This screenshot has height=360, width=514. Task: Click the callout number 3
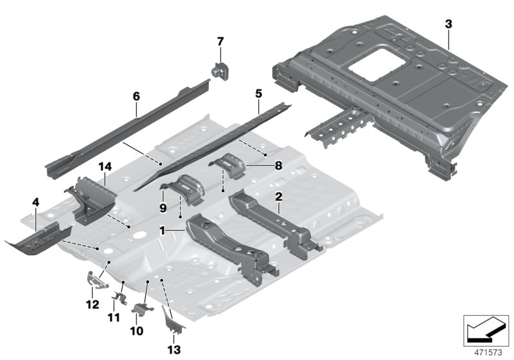pos(448,24)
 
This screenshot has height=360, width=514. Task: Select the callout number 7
pos(220,41)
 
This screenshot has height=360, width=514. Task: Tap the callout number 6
pos(136,95)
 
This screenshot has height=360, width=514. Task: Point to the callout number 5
pos(258,93)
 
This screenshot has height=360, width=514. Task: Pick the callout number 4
pos(36,202)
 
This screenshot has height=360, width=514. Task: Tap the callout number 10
pos(136,331)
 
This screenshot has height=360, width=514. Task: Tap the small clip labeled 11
pos(119,297)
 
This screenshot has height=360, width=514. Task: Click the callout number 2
pos(279,197)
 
